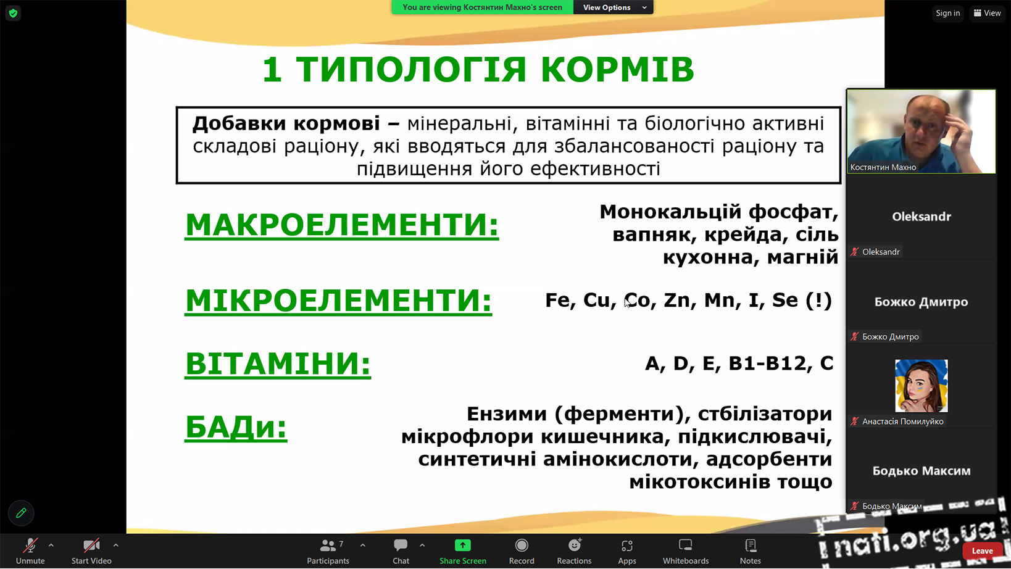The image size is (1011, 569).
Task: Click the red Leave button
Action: click(982, 550)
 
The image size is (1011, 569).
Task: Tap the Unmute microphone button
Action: click(30, 551)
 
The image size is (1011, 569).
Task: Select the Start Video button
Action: click(91, 551)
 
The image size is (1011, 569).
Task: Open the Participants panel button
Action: click(328, 551)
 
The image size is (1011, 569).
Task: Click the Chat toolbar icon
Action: click(401, 546)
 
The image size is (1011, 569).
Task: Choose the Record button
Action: click(522, 551)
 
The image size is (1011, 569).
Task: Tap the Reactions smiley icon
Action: click(574, 546)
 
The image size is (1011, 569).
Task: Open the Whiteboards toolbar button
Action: click(686, 551)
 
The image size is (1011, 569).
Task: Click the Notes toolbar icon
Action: click(751, 546)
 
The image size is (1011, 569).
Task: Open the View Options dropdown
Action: click(613, 7)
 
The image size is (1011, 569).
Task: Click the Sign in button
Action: click(948, 13)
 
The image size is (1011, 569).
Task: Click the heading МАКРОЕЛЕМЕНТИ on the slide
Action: click(342, 225)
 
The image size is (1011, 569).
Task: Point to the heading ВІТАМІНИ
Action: click(278, 363)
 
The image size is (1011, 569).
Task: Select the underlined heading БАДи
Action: click(236, 427)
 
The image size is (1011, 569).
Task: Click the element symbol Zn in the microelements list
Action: click(677, 300)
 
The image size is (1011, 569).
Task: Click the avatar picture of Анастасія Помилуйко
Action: click(921, 385)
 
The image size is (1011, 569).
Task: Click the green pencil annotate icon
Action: click(21, 513)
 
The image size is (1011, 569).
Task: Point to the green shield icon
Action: click(13, 13)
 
